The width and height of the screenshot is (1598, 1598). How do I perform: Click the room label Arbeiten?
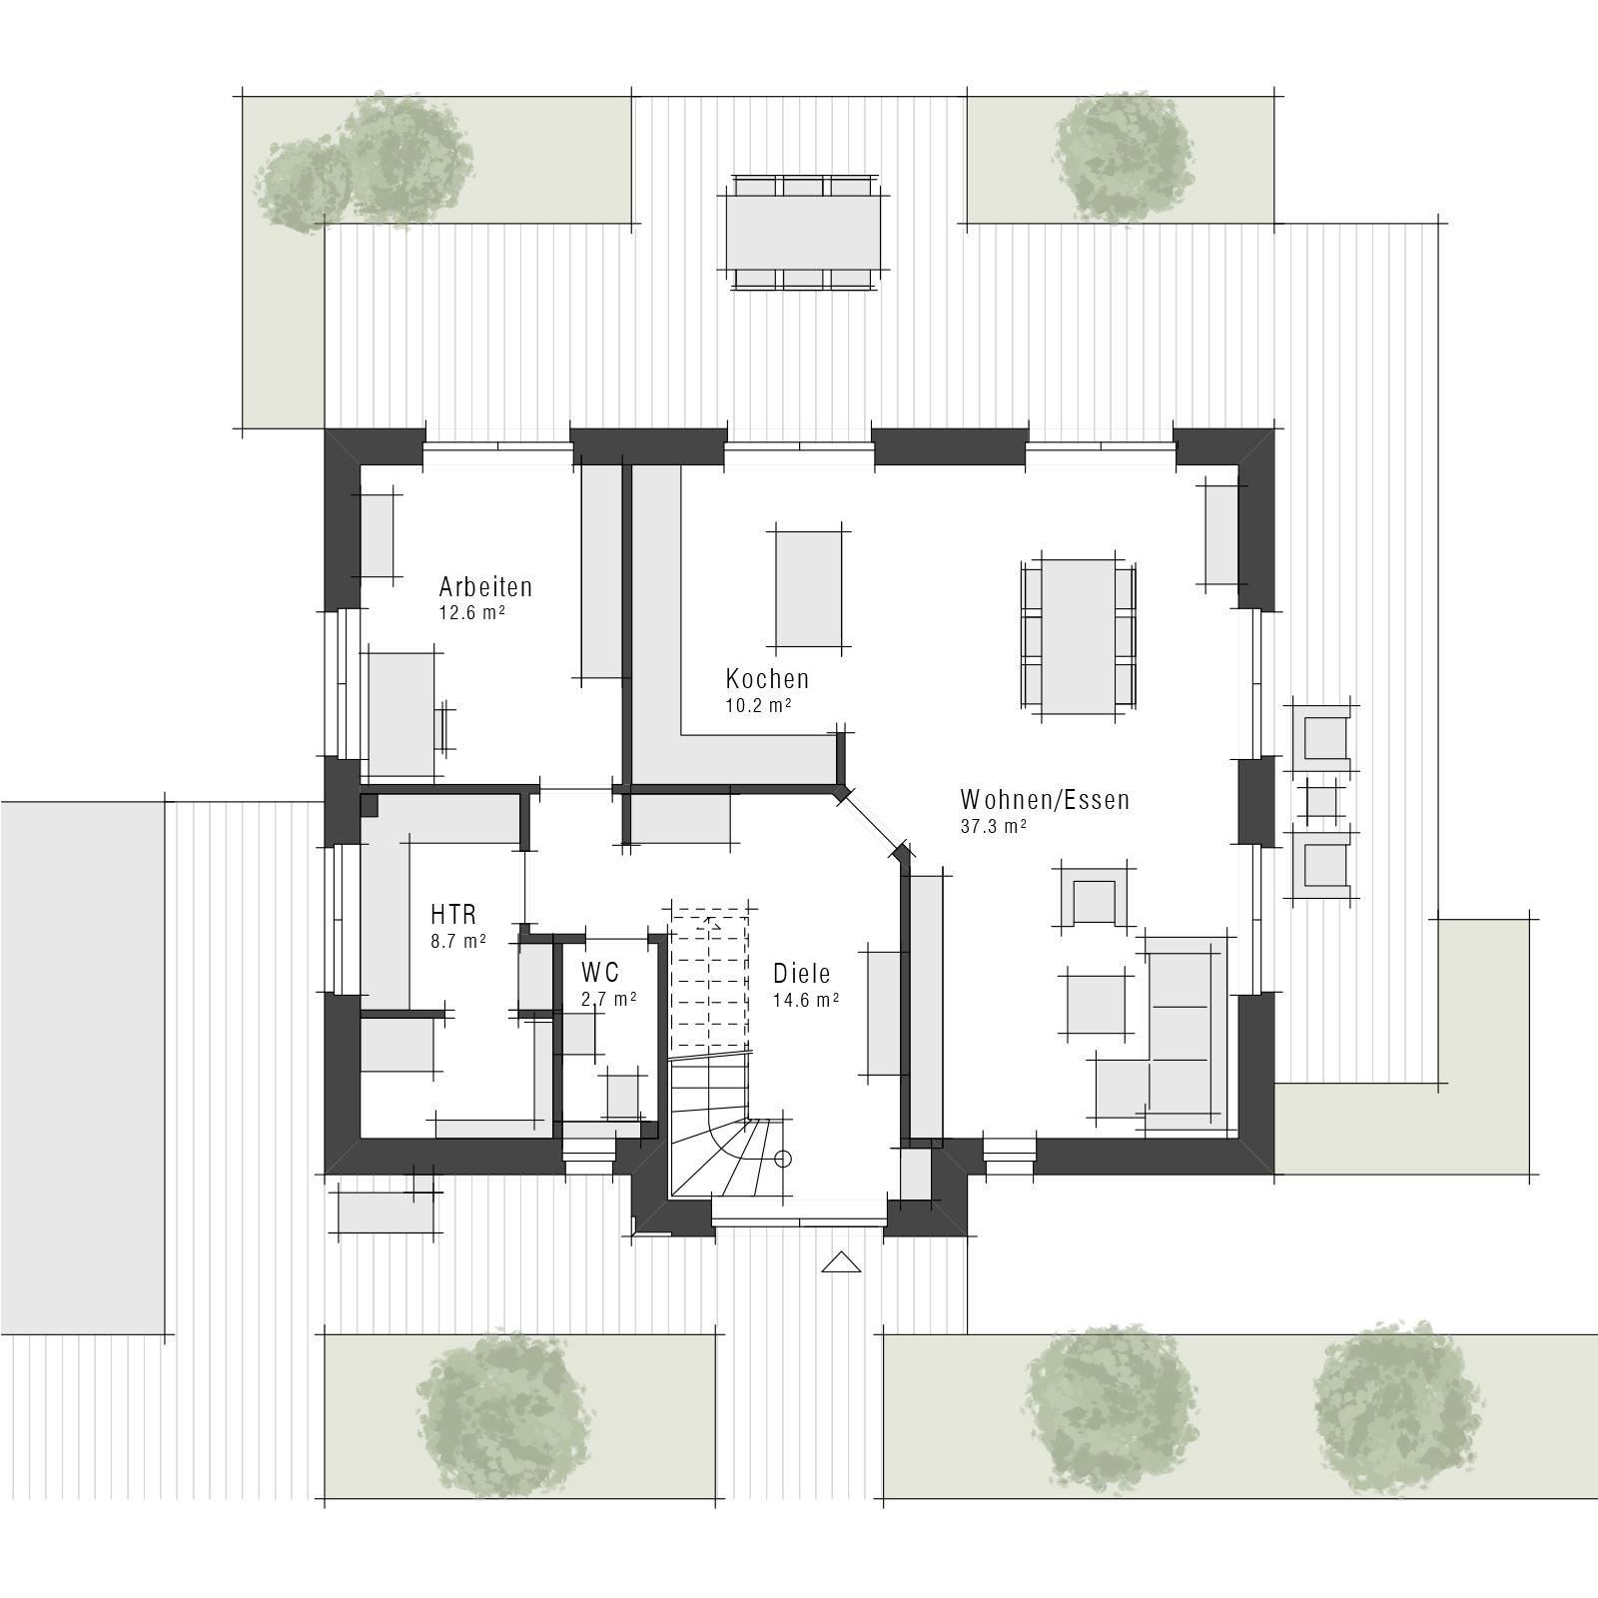pos(485,586)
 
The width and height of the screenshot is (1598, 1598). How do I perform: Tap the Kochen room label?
pos(767,679)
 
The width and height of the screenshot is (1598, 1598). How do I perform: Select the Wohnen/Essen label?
pos(1045,800)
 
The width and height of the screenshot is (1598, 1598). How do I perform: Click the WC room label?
pos(599,972)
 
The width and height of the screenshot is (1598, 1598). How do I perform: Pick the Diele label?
pos(801,974)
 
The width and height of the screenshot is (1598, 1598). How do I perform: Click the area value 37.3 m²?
pos(994,826)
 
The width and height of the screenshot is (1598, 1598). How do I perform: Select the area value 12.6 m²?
pos(471,612)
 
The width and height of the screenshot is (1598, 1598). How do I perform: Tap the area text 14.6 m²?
pos(805,999)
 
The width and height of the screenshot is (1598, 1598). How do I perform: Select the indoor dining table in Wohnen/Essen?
pos(1078,636)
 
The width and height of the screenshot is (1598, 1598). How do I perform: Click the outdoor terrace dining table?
pos(805,232)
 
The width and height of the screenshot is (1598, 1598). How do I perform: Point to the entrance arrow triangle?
pos(841,1262)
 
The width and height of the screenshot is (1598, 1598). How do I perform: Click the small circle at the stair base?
pos(783,1159)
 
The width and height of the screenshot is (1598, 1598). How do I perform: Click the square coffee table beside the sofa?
pos(1099,1004)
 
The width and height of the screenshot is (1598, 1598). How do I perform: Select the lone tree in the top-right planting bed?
pos(1124,155)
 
